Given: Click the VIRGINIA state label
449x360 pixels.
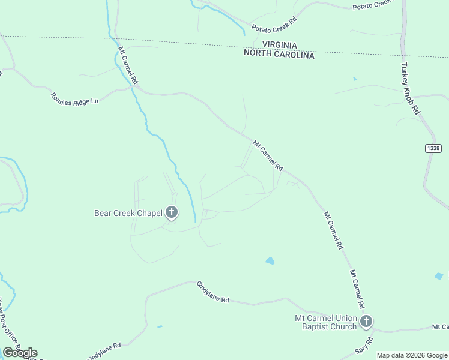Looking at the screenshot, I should [279, 44].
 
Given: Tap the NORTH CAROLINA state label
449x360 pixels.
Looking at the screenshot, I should [279, 55].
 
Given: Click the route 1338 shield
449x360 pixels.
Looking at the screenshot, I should [433, 148].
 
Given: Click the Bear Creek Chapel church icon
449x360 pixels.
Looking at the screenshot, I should [172, 212].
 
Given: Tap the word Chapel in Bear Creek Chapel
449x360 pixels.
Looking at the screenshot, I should [147, 213].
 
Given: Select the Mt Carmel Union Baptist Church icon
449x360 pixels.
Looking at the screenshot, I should [366, 322].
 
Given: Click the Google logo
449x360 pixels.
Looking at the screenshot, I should [20, 353].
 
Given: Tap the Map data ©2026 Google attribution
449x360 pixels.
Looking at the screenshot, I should [411, 355].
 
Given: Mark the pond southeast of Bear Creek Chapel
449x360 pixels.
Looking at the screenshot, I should [270, 261].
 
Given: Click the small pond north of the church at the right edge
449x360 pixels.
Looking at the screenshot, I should [439, 277].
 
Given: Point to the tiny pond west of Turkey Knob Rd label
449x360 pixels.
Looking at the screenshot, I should [355, 79].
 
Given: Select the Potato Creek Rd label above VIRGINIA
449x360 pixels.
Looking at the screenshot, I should [274, 24].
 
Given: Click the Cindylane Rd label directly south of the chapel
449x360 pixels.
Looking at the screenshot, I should [213, 292].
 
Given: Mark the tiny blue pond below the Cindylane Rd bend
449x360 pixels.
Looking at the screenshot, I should [159, 327].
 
